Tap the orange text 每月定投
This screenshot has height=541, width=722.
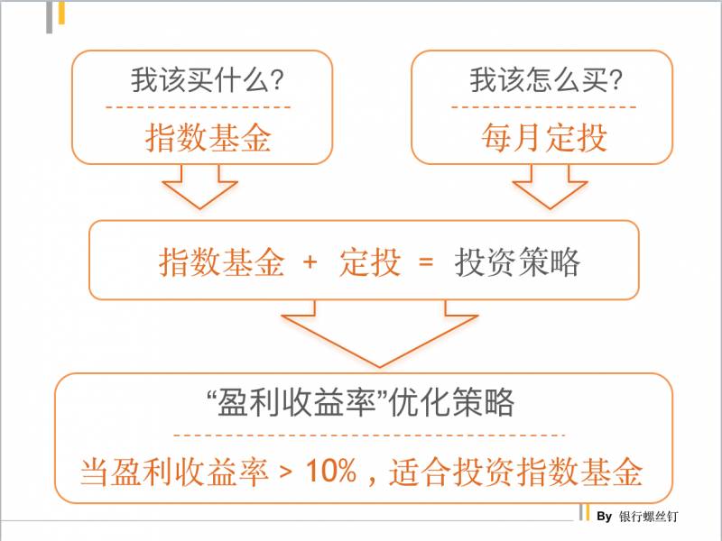pos(544,138)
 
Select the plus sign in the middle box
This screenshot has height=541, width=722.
pos(310,262)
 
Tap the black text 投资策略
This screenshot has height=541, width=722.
pos(517,262)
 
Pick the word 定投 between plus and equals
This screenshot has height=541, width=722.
pos(370,262)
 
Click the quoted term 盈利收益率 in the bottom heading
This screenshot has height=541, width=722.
pos(297,402)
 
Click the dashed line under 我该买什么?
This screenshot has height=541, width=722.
pos(198,108)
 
